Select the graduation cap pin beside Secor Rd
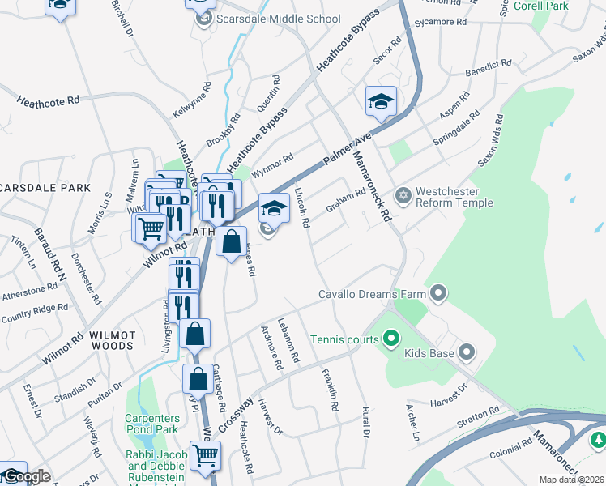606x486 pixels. click(x=381, y=100)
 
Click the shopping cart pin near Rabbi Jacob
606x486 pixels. click(x=205, y=455)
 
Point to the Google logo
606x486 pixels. click(x=26, y=476)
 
